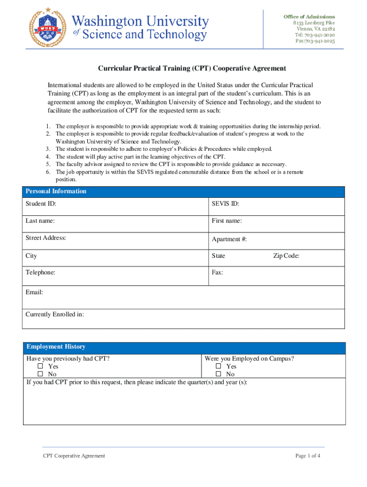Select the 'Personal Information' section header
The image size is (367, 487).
coord(56,191)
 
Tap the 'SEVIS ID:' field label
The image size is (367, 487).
coord(225,204)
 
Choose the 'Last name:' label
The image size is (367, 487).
coord(40,221)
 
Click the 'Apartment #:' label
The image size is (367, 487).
coord(229,239)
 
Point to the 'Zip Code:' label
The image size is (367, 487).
coord(286,256)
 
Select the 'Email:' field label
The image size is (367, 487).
coord(34,292)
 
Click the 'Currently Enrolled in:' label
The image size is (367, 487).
coord(55,314)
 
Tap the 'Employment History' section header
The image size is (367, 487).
coord(56,347)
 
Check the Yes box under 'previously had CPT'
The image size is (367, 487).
coord(41,367)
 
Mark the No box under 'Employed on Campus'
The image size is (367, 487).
coord(219,374)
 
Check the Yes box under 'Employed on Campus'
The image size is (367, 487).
coord(219,367)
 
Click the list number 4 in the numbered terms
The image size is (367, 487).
coord(48,156)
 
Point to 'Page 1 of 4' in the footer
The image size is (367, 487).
coord(308,456)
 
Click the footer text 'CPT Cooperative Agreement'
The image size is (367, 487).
coord(74,456)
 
